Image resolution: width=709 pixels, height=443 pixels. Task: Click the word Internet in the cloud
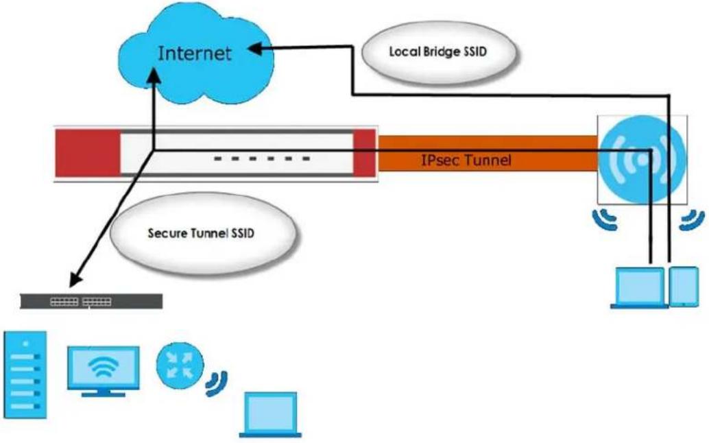pos(195,53)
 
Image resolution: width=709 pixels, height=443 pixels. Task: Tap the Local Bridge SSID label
pos(438,51)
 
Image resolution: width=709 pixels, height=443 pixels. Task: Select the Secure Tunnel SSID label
pos(201,233)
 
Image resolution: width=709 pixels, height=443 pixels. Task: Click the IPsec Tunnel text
pos(466,160)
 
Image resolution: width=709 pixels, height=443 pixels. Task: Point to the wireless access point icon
pos(642,159)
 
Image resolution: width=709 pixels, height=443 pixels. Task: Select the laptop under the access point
pos(639,288)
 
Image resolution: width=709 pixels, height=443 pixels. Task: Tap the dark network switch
pos(91,302)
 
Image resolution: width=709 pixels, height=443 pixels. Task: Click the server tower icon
pos(25,374)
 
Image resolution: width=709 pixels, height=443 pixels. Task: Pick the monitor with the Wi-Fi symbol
pos(104,372)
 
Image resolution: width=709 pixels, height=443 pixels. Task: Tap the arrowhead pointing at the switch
pos(75,278)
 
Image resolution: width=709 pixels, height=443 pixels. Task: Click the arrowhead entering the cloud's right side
pos(256,49)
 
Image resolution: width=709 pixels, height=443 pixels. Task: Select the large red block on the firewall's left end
pos(88,153)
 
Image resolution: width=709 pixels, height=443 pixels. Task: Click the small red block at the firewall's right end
pos(365,153)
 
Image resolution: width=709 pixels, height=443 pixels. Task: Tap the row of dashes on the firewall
pos(262,158)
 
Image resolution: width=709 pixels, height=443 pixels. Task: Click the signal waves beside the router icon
pos(217,383)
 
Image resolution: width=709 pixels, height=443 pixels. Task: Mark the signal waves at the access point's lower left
pos(605,219)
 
